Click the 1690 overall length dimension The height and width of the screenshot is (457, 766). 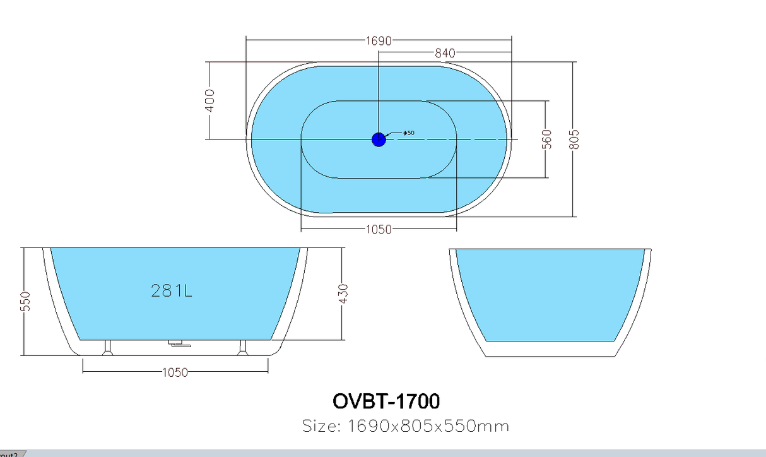[379, 41]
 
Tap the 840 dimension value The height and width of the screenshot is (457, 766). [445, 54]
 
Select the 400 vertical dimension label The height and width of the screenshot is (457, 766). [209, 100]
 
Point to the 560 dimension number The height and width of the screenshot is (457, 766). [547, 139]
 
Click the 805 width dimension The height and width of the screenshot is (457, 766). [574, 139]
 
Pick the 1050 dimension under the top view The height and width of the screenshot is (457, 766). [379, 230]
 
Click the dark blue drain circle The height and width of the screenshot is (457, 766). [379, 139]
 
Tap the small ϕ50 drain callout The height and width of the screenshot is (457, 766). [409, 133]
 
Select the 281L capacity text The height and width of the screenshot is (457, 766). [172, 291]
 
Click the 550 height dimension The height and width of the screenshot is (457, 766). [26, 301]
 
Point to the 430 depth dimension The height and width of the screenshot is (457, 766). [343, 294]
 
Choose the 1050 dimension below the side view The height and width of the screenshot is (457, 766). [175, 372]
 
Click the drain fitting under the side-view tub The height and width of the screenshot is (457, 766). [179, 344]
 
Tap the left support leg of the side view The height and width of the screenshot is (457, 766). [108, 348]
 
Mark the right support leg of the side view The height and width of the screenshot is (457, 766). [243, 348]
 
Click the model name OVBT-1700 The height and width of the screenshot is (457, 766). [386, 401]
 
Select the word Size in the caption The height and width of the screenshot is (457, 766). [321, 426]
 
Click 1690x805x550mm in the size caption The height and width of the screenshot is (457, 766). [428, 426]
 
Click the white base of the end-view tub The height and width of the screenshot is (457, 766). [550, 349]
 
